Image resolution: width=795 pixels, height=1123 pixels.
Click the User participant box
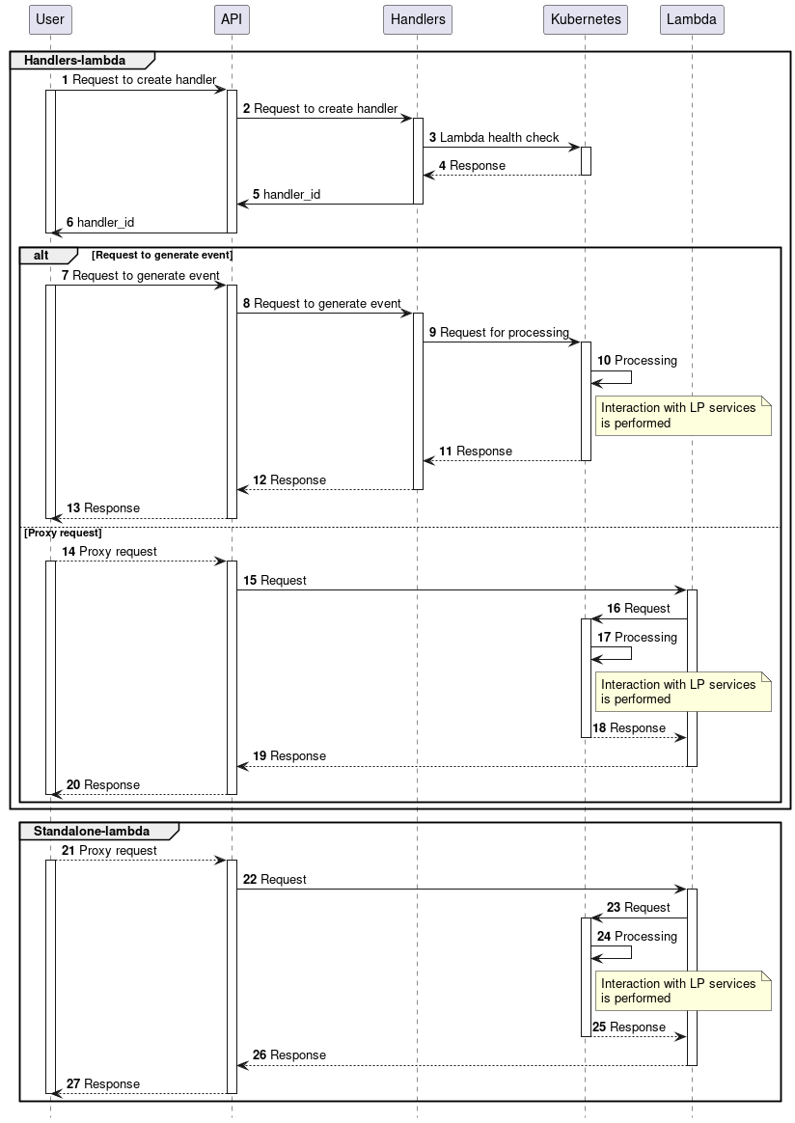[x=49, y=19]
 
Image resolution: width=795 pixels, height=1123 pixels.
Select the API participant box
[x=232, y=19]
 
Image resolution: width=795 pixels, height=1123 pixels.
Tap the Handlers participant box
[x=418, y=19]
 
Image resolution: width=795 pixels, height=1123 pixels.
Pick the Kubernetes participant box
[x=586, y=19]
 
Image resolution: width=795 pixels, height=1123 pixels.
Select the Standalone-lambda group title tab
[x=93, y=831]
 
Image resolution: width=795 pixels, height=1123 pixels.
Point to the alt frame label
[x=42, y=255]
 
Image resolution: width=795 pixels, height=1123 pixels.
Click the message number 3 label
[x=433, y=138]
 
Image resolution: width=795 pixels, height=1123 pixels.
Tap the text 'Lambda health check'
[x=499, y=138]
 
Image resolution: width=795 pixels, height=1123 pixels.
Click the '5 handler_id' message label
[x=287, y=194]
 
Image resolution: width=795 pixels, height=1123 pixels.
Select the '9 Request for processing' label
[x=499, y=332]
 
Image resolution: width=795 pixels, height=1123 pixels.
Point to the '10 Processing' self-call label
[x=637, y=361]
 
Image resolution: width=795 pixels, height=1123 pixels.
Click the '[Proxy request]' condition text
[x=63, y=533]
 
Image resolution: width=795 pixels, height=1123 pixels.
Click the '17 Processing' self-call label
[x=637, y=638]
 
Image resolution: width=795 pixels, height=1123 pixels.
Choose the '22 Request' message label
[x=275, y=880]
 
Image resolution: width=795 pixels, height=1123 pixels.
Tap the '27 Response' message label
[x=103, y=1084]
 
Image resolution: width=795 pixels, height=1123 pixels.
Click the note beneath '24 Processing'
[x=683, y=991]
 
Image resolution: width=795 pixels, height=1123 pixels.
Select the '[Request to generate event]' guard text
[x=162, y=255]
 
